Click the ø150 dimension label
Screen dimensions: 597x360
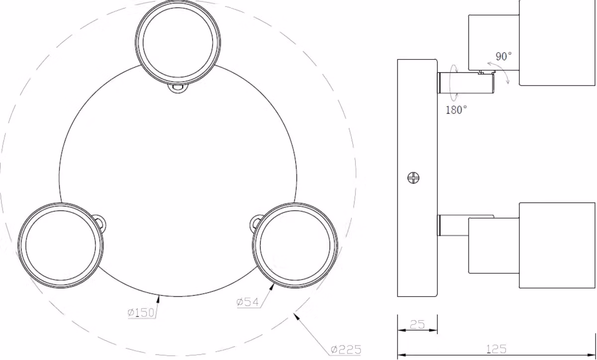click(x=141, y=313)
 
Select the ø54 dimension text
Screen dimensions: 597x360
click(x=248, y=302)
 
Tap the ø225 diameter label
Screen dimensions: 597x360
click(x=346, y=350)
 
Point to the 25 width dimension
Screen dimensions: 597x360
click(x=417, y=324)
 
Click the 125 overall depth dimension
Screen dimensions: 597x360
click(x=497, y=349)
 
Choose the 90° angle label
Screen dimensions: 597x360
click(x=503, y=56)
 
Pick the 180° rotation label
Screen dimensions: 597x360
click(x=457, y=110)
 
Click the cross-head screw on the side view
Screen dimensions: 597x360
click(x=413, y=178)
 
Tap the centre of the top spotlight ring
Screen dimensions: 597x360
click(x=178, y=43)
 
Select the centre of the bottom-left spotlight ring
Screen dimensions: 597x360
click(x=61, y=245)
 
